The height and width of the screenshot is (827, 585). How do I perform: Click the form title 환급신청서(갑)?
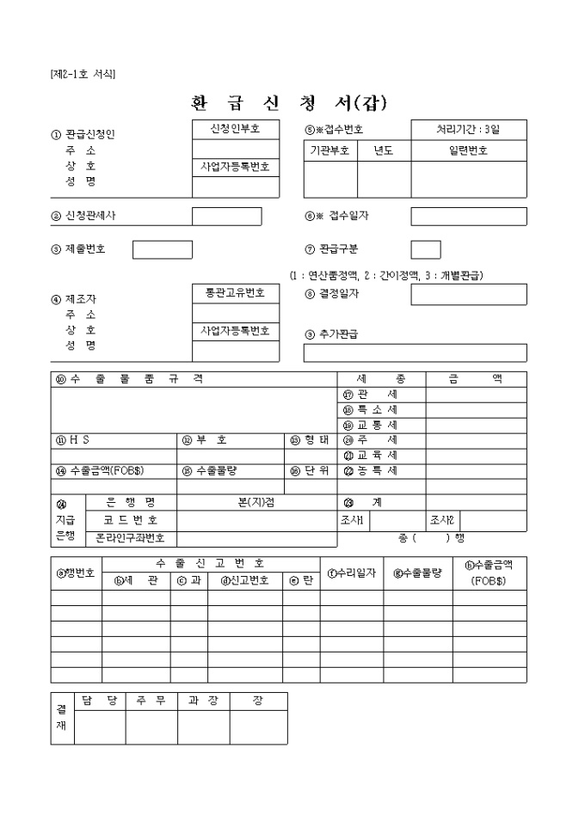[x=289, y=103]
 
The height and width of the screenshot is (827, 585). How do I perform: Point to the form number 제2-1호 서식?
[x=83, y=74]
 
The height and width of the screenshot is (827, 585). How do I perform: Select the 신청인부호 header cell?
[x=235, y=129]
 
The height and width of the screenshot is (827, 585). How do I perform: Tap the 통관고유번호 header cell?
[x=235, y=293]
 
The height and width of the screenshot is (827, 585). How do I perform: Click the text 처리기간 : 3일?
[x=468, y=129]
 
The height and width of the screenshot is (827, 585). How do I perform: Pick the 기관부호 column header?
[x=330, y=150]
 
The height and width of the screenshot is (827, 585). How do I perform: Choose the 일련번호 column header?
[x=468, y=150]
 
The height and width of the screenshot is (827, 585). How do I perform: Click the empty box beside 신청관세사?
[x=226, y=217]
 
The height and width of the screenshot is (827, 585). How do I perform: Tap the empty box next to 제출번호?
[x=163, y=249]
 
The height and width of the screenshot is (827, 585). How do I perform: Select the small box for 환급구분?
[x=426, y=249]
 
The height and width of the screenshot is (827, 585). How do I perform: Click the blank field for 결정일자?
[x=468, y=295]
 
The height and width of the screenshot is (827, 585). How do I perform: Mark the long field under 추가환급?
[x=415, y=353]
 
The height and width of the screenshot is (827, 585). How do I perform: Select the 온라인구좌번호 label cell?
[x=130, y=539]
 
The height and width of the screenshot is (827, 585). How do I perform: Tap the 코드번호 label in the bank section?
[x=130, y=520]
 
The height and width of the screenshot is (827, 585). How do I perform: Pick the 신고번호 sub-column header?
[x=245, y=580]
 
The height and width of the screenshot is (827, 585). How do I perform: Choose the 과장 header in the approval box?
[x=203, y=701]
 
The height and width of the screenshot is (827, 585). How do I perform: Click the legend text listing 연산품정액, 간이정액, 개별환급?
[x=386, y=275]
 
